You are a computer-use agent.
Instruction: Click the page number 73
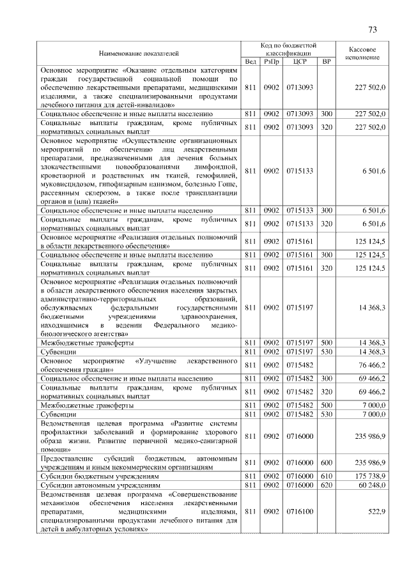373,29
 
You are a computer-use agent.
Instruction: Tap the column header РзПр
272,61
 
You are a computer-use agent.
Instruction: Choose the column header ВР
327,61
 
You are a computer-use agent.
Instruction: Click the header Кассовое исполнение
362,53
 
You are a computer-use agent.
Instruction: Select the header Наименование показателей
139,53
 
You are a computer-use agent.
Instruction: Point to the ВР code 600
327,464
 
